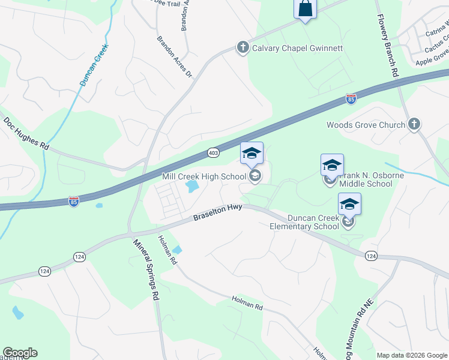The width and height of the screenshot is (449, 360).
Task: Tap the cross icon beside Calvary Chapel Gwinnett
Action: point(243,48)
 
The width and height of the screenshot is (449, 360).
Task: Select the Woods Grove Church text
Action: point(366,125)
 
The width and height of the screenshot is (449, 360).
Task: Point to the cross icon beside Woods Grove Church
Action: point(413,125)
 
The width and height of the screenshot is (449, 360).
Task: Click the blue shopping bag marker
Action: point(305,9)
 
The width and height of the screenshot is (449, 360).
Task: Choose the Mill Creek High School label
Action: point(204,176)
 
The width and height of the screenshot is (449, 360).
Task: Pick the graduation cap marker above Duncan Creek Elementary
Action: point(349,205)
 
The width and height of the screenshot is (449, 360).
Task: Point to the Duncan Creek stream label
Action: point(94,64)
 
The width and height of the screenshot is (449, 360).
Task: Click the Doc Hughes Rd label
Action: point(26,133)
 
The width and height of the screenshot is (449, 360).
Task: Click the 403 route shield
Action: point(213,153)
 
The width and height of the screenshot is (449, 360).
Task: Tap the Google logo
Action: point(20,353)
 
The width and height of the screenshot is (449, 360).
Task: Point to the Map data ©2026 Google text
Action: point(411,355)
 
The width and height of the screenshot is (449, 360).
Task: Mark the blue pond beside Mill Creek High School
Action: point(193,187)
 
